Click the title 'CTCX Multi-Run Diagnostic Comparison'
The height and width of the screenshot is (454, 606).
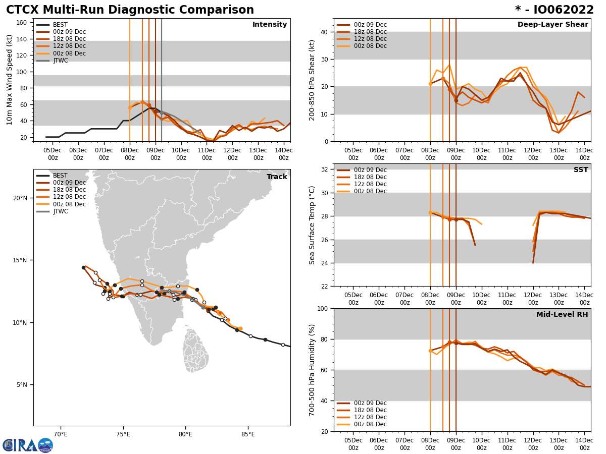click(130, 10)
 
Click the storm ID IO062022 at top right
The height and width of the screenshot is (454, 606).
click(554, 10)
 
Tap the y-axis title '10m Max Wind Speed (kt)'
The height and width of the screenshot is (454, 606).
click(10, 80)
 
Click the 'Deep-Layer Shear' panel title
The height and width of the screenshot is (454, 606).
click(552, 25)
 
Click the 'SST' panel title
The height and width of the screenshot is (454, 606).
click(581, 170)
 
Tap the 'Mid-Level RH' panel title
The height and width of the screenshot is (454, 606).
click(562, 315)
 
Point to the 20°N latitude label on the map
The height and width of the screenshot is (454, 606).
click(20, 198)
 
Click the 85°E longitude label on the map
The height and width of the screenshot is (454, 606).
click(248, 434)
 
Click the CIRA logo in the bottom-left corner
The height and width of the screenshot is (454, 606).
click(27, 445)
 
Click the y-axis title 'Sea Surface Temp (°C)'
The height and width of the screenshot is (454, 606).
click(313, 225)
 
